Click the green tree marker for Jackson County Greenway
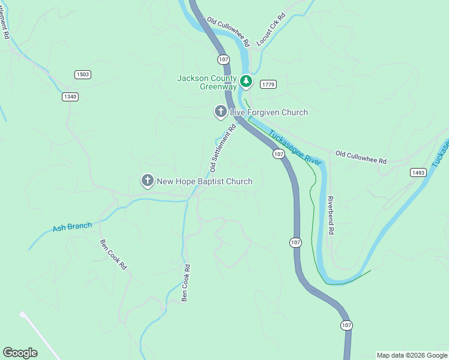[246, 80]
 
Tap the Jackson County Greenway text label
[207, 83]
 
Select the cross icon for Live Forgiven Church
[220, 112]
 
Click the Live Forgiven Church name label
[269, 113]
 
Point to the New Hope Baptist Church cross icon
[147, 181]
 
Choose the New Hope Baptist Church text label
[205, 181]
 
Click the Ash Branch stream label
[72, 227]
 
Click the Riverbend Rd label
[330, 214]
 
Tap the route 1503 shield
[83, 74]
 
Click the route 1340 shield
[70, 97]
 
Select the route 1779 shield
[268, 85]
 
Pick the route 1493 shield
[418, 172]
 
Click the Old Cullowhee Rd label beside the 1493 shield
[361, 157]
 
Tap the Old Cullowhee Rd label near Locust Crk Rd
[228, 32]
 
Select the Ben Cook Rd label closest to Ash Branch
[113, 254]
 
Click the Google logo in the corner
[20, 353]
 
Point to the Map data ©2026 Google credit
[412, 355]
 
